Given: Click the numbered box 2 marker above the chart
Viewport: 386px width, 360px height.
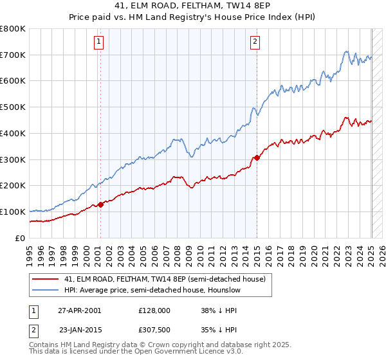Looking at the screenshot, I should click(x=255, y=42).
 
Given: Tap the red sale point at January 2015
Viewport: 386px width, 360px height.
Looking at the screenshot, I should click(x=257, y=157).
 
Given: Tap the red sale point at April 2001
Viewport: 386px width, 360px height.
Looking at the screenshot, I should click(x=100, y=204).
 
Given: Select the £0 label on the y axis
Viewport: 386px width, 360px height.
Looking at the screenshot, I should click(x=21, y=238).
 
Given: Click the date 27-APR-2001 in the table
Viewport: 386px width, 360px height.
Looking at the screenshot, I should click(x=79, y=310).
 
